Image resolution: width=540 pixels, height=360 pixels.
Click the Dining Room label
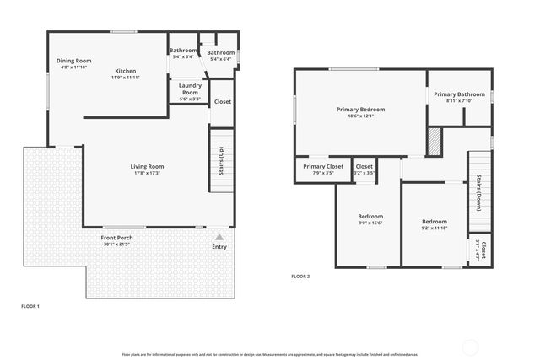[73, 61]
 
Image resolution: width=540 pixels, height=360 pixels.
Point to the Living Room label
[147, 166]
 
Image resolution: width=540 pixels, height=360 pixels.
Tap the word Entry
[219, 247]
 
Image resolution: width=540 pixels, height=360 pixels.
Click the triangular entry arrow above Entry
[219, 237]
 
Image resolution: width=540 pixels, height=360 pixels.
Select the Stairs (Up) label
[220, 163]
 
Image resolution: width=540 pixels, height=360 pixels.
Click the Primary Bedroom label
[360, 110]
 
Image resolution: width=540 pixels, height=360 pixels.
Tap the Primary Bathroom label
[459, 94]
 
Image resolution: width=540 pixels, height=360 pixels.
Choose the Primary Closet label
[323, 167]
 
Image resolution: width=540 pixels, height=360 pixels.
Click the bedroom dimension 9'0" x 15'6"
[371, 223]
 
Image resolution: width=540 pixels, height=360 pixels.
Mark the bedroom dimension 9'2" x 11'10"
[434, 228]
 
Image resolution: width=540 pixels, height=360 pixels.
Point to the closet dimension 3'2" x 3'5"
[364, 174]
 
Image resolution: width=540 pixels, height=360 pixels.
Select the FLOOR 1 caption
[30, 305]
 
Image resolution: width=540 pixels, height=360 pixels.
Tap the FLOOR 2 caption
[300, 277]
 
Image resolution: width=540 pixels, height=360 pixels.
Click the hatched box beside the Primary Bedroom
[435, 142]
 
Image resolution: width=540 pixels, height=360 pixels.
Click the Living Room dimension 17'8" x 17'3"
[147, 174]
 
